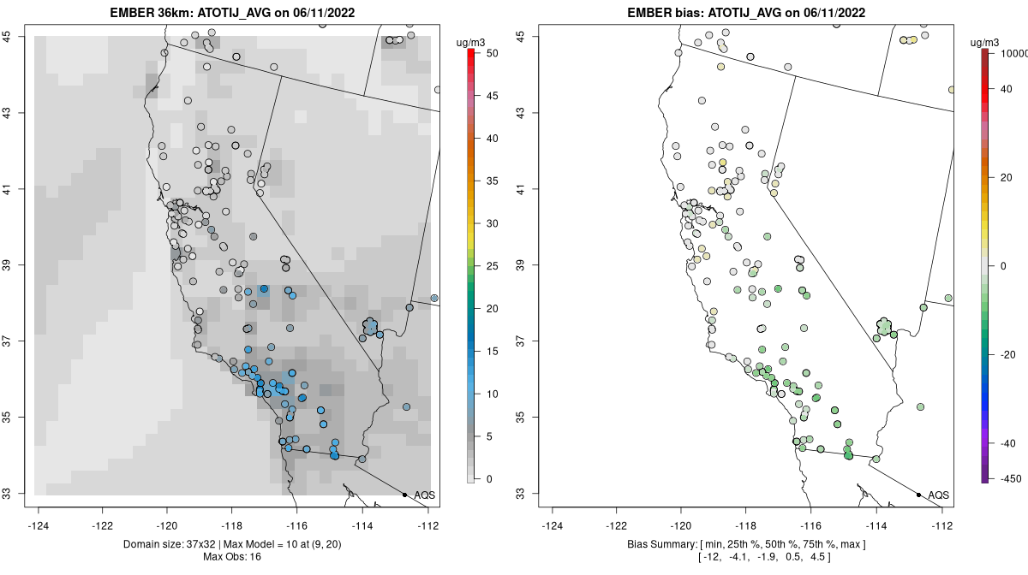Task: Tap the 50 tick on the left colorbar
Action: [492, 53]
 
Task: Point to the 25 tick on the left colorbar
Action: [492, 266]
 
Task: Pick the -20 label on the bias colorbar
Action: [1008, 354]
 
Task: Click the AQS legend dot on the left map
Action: [404, 495]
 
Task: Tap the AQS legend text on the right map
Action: [939, 495]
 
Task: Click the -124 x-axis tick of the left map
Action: [39, 525]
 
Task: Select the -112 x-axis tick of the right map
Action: [942, 525]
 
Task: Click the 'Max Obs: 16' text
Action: [231, 557]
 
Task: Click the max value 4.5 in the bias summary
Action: [819, 557]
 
